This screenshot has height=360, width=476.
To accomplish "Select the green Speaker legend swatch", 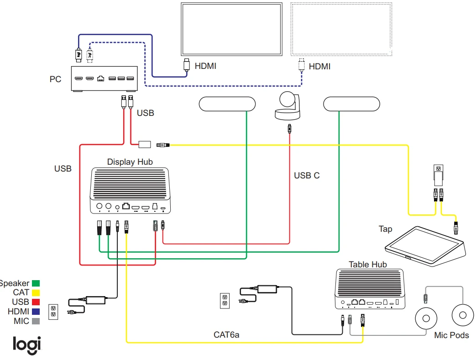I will tap(36, 283).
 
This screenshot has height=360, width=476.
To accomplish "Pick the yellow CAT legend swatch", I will tap(36, 292).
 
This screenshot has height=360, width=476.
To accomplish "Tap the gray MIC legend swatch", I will tap(36, 321).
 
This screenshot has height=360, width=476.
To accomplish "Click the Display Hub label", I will tap(130, 162).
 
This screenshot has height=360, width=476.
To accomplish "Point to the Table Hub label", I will tap(367, 265).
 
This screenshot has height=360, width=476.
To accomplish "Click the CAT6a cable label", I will tap(226, 335).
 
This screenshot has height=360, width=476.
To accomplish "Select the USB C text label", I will tap(307, 176).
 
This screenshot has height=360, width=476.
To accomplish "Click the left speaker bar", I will tap(227, 104).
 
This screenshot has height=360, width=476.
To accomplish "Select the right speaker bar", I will tap(351, 104).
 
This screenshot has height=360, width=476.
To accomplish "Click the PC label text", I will tap(55, 79).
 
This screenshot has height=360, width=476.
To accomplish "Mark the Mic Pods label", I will tap(451, 335).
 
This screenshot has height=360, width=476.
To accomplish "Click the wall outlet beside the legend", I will tap(52, 312).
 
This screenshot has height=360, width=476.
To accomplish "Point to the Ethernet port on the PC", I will tap(100, 79).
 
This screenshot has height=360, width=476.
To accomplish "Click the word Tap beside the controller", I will tap(385, 229).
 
